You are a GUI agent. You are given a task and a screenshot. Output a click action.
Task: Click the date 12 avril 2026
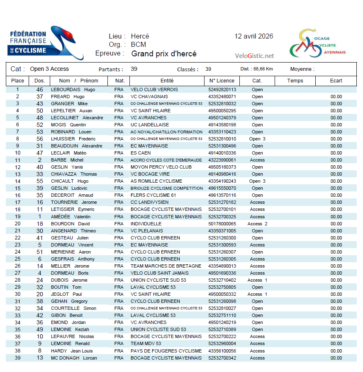[253, 36]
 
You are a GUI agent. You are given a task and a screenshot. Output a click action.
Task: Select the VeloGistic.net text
[254, 56]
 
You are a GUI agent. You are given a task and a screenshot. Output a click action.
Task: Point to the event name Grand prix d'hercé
[164, 54]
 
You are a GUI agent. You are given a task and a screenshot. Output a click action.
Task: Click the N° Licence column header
[222, 81]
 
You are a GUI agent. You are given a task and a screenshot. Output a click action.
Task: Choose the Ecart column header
[336, 81]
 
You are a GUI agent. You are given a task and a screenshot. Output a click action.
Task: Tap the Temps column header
[295, 81]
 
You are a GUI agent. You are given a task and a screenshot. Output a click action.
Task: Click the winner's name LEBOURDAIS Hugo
[73, 89]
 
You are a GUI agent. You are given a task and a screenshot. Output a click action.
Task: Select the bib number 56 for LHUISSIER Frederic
[40, 139]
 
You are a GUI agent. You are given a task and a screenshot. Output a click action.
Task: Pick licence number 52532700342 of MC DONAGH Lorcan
[222, 358]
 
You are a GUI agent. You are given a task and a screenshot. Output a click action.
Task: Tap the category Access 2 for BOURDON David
[257, 224]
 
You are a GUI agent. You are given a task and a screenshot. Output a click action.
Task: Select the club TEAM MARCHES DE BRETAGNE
[166, 266]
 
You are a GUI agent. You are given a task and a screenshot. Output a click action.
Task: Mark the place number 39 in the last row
[17, 358]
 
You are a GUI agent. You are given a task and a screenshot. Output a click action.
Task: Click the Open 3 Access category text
[49, 69]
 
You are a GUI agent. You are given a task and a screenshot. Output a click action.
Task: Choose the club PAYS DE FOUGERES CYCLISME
[166, 351]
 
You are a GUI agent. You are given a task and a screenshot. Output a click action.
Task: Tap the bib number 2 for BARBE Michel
[40, 160]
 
